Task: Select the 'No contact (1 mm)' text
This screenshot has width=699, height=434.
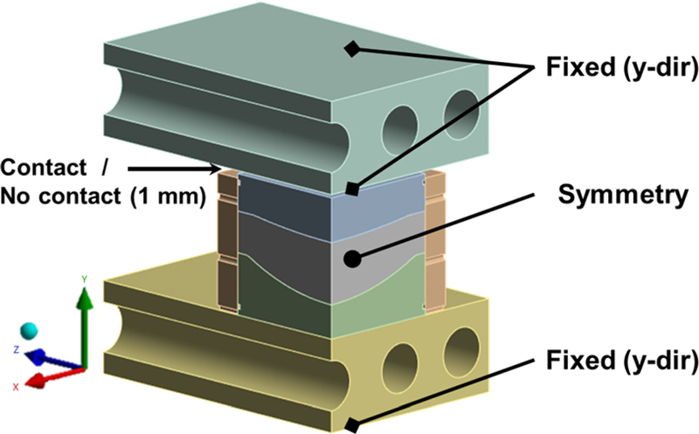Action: [104, 197]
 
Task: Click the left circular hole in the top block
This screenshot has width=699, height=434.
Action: [403, 127]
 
